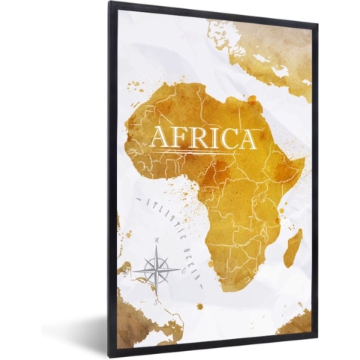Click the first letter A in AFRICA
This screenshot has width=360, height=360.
pyautogui.click(x=161, y=138)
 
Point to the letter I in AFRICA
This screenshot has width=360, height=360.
pyautogui.click(x=214, y=138)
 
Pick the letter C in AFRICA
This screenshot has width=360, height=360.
pyautogui.click(x=227, y=138)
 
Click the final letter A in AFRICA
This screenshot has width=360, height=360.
pyautogui.click(x=247, y=138)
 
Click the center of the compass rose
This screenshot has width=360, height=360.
pyautogui.click(x=159, y=268)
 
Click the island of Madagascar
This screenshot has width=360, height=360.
pyautogui.click(x=292, y=247)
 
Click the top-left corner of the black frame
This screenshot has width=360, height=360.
pyautogui.click(x=109, y=3)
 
